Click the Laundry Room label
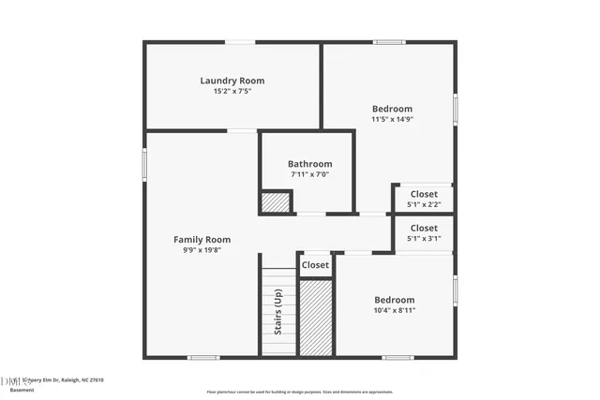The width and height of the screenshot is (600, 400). point(232,81)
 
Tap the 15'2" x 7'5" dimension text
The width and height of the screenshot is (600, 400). point(232,91)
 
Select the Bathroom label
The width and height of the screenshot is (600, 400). point(309,164)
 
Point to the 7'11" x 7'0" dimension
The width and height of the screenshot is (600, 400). point(309,174)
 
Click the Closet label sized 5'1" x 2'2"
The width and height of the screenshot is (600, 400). point(424,195)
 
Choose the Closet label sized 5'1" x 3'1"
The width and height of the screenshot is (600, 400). point(424,229)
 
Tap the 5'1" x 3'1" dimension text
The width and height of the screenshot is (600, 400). point(424,239)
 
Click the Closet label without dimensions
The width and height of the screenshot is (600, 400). point(316,265)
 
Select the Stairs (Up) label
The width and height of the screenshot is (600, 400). point(278,312)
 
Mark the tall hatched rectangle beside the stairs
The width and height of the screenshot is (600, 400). point(316,317)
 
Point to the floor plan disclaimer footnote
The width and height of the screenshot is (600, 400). point(300,392)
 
